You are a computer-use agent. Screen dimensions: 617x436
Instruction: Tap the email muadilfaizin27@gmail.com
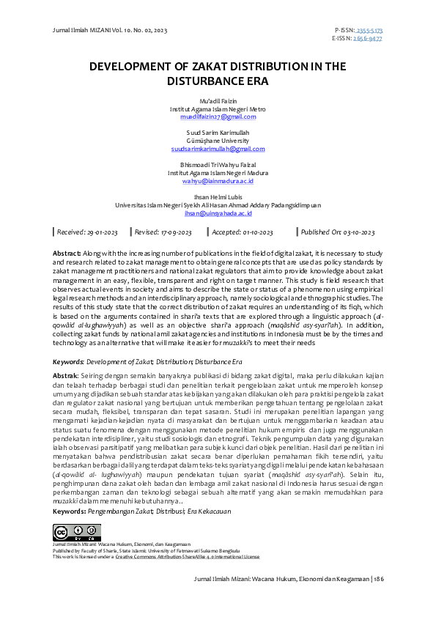tap(218, 117)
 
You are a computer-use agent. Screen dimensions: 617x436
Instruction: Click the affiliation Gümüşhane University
tap(218, 141)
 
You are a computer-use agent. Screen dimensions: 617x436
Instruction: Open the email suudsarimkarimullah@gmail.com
tap(218, 149)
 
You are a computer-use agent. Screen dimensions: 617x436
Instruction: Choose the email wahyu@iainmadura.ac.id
tap(218, 180)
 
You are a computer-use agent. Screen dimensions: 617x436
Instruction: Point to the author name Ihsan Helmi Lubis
tap(218, 198)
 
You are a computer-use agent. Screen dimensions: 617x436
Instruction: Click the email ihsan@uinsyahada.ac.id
tap(218, 213)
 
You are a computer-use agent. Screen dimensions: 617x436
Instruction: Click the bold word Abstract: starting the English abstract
tap(67, 252)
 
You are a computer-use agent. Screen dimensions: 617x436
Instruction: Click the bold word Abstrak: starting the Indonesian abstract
tap(67, 376)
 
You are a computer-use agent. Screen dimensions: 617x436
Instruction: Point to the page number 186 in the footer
tap(378, 599)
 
